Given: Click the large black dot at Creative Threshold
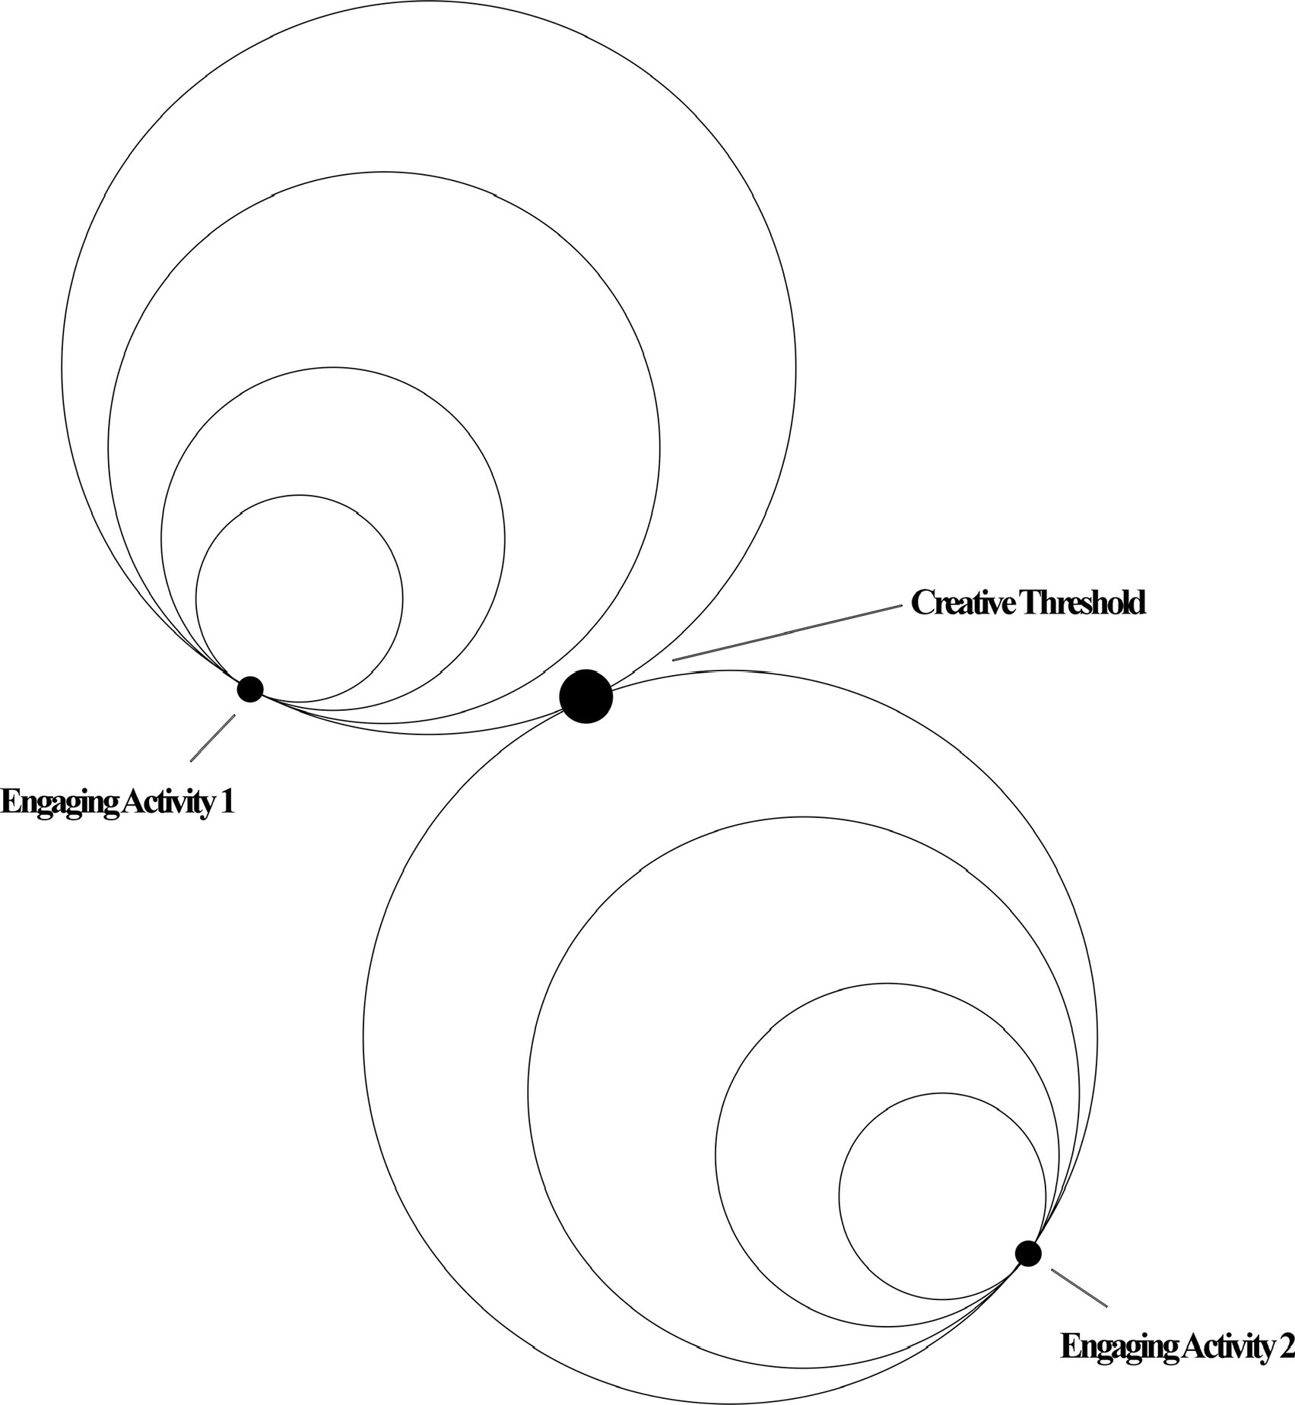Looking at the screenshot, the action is pos(586,696).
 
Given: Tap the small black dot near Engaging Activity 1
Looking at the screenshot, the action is pos(250,689).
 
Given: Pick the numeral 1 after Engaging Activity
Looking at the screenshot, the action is pos(226,802).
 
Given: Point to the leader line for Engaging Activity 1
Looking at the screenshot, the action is pos(212,737).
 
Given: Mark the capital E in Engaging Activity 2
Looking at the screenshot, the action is pos(1068,1346).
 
